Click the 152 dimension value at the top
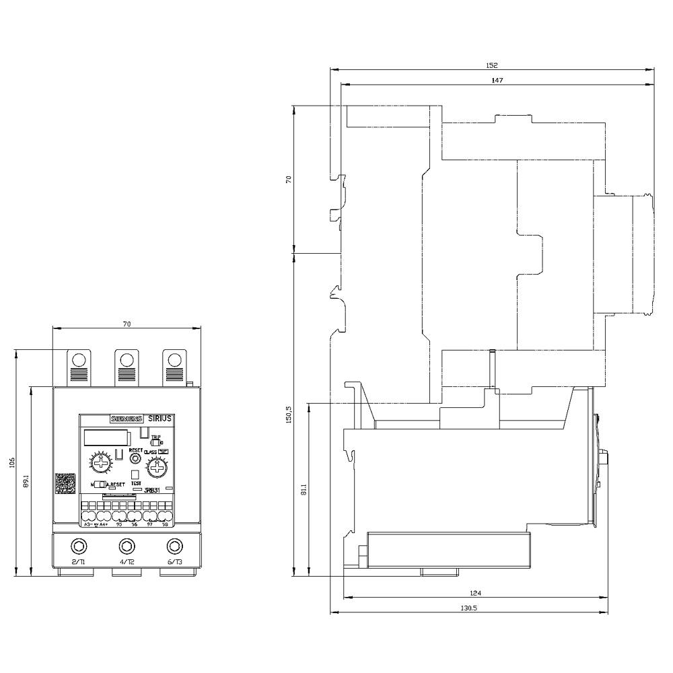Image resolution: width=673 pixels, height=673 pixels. click(491, 65)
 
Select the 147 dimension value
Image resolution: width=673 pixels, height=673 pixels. click(497, 80)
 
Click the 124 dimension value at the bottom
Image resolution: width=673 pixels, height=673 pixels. click(476, 593)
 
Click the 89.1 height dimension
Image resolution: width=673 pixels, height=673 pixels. click(26, 483)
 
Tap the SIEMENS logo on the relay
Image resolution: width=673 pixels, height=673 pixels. click(127, 418)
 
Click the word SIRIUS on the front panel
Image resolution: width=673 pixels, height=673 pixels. click(160, 418)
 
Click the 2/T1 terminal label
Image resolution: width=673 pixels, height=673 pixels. click(78, 561)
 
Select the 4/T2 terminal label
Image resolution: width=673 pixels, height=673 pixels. click(127, 561)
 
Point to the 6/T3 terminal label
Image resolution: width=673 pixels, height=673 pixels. click(174, 561)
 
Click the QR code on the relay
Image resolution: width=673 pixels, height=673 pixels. click(65, 485)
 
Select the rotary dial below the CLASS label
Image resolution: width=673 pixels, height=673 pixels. click(157, 466)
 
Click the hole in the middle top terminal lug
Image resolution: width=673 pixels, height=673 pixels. click(126, 359)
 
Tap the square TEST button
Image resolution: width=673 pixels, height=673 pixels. click(135, 474)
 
